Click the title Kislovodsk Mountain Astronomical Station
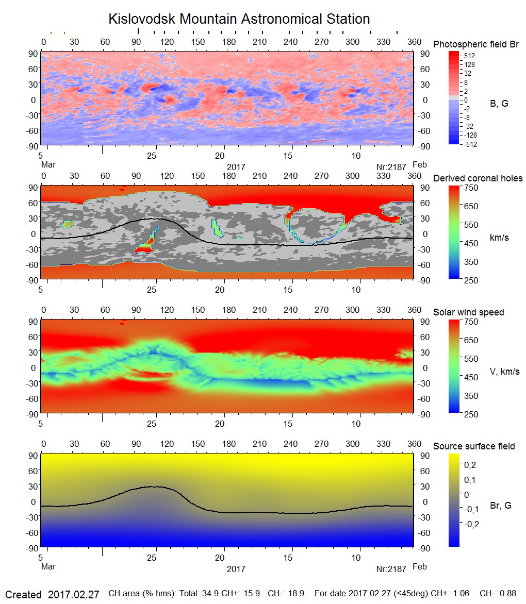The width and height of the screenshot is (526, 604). pos(239,20)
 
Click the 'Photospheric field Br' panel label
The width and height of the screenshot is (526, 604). pos(476,44)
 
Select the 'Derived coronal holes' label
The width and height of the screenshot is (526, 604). pos(478,178)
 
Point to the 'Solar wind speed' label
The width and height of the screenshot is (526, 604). pos(469,312)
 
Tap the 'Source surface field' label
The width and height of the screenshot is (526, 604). pos(474,446)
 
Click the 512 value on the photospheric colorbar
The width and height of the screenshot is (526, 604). pos(469,56)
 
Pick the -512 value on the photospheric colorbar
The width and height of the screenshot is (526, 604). pos(470,144)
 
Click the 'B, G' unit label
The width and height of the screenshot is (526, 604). pos(499,104)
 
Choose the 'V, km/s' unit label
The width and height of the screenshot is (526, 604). pos(504,372)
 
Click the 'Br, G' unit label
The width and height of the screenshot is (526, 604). pos(500,506)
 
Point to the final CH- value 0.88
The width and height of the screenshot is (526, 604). pos(508,594)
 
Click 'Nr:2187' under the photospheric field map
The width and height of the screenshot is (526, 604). pos(391,167)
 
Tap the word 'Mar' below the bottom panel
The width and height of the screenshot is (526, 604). pos(48,567)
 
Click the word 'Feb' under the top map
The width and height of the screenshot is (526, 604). pos(420,165)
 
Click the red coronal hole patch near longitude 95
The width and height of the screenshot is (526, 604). pos(143,249)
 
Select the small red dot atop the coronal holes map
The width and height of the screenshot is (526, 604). pos(122,189)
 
